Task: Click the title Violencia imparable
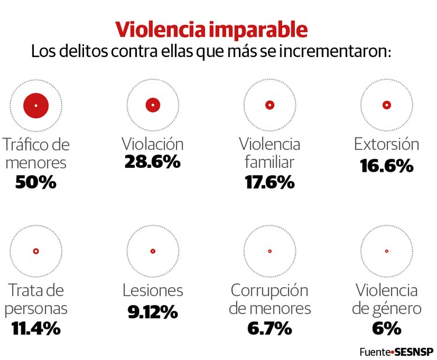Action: coord(211,30)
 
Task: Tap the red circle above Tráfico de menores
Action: coord(36,105)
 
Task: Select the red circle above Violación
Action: coord(153,105)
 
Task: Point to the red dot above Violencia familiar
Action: coord(269,105)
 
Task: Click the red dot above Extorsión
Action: coord(386,105)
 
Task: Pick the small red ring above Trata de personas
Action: coord(36,251)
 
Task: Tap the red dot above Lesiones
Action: coord(153,251)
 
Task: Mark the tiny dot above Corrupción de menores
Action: coord(269,251)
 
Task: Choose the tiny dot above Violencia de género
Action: coord(386,251)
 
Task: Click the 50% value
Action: coord(36,182)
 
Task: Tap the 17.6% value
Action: coord(269,182)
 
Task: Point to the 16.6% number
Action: coord(386,165)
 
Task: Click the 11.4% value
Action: coord(36,328)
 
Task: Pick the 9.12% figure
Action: coord(153,312)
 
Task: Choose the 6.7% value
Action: coord(269,328)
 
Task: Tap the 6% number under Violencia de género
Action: coord(386,328)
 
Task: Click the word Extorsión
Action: coord(386,144)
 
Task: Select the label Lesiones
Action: coord(153,290)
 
